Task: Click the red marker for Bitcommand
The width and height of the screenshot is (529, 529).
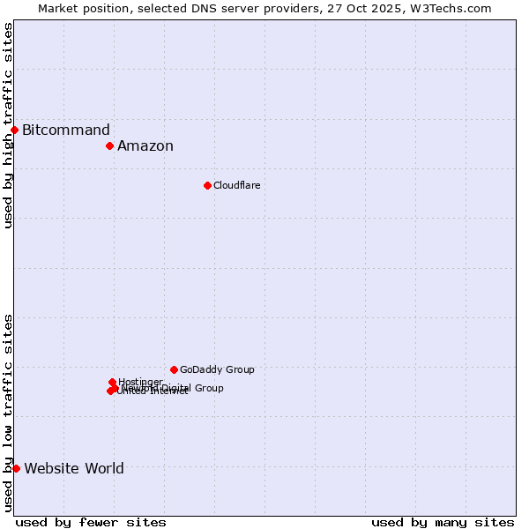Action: coord(14,130)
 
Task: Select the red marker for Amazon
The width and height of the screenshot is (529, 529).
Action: coord(109,145)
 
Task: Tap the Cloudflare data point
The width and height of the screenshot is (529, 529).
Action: coord(207,185)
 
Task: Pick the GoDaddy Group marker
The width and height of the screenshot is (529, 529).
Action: coord(174,369)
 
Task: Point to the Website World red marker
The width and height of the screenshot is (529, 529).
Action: coord(16,468)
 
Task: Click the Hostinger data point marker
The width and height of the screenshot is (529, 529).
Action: coord(112,382)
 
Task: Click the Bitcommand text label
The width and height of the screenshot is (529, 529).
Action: coord(66,130)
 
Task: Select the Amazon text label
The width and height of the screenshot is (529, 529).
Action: coord(145,146)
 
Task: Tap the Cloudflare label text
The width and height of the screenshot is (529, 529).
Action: coord(236,185)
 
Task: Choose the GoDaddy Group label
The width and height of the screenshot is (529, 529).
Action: coord(217,369)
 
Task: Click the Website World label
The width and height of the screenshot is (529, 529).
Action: coord(74,469)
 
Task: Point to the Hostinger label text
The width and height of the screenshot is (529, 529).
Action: coord(140,382)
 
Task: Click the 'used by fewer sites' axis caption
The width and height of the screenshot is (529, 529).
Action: coord(91,522)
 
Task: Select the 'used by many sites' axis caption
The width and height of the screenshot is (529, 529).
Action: coord(443,522)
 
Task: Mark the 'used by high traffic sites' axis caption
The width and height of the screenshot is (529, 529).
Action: coord(9,125)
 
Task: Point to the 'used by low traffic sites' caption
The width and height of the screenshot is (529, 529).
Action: coord(9,412)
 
